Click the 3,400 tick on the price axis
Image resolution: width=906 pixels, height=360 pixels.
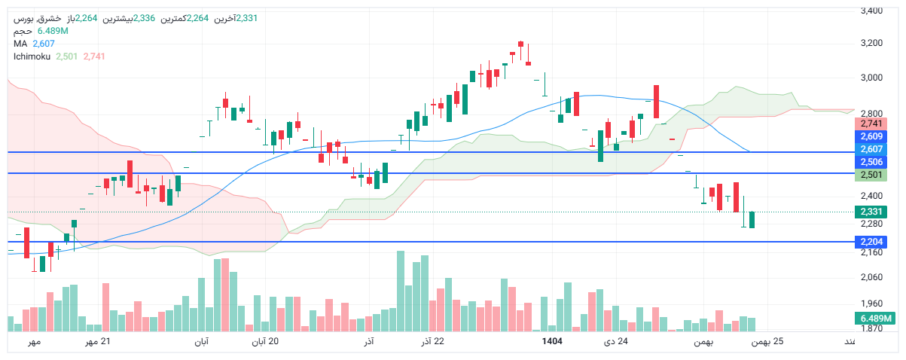[871, 11]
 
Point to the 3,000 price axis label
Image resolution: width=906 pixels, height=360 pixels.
[871, 78]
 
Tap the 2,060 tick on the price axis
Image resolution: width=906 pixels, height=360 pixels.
[871, 278]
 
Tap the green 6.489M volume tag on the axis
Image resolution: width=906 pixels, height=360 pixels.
[876, 319]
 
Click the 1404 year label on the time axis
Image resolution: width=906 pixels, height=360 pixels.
[553, 342]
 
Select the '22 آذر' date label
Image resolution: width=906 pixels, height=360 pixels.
[432, 342]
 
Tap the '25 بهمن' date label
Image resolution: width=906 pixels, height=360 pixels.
[768, 342]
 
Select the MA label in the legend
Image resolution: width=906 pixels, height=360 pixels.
[20, 44]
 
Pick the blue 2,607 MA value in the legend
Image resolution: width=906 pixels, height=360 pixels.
[44, 44]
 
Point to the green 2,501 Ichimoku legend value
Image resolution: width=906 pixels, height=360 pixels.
[66, 56]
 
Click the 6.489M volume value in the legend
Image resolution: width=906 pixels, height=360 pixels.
[53, 32]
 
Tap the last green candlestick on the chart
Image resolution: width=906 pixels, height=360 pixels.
[752, 220]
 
